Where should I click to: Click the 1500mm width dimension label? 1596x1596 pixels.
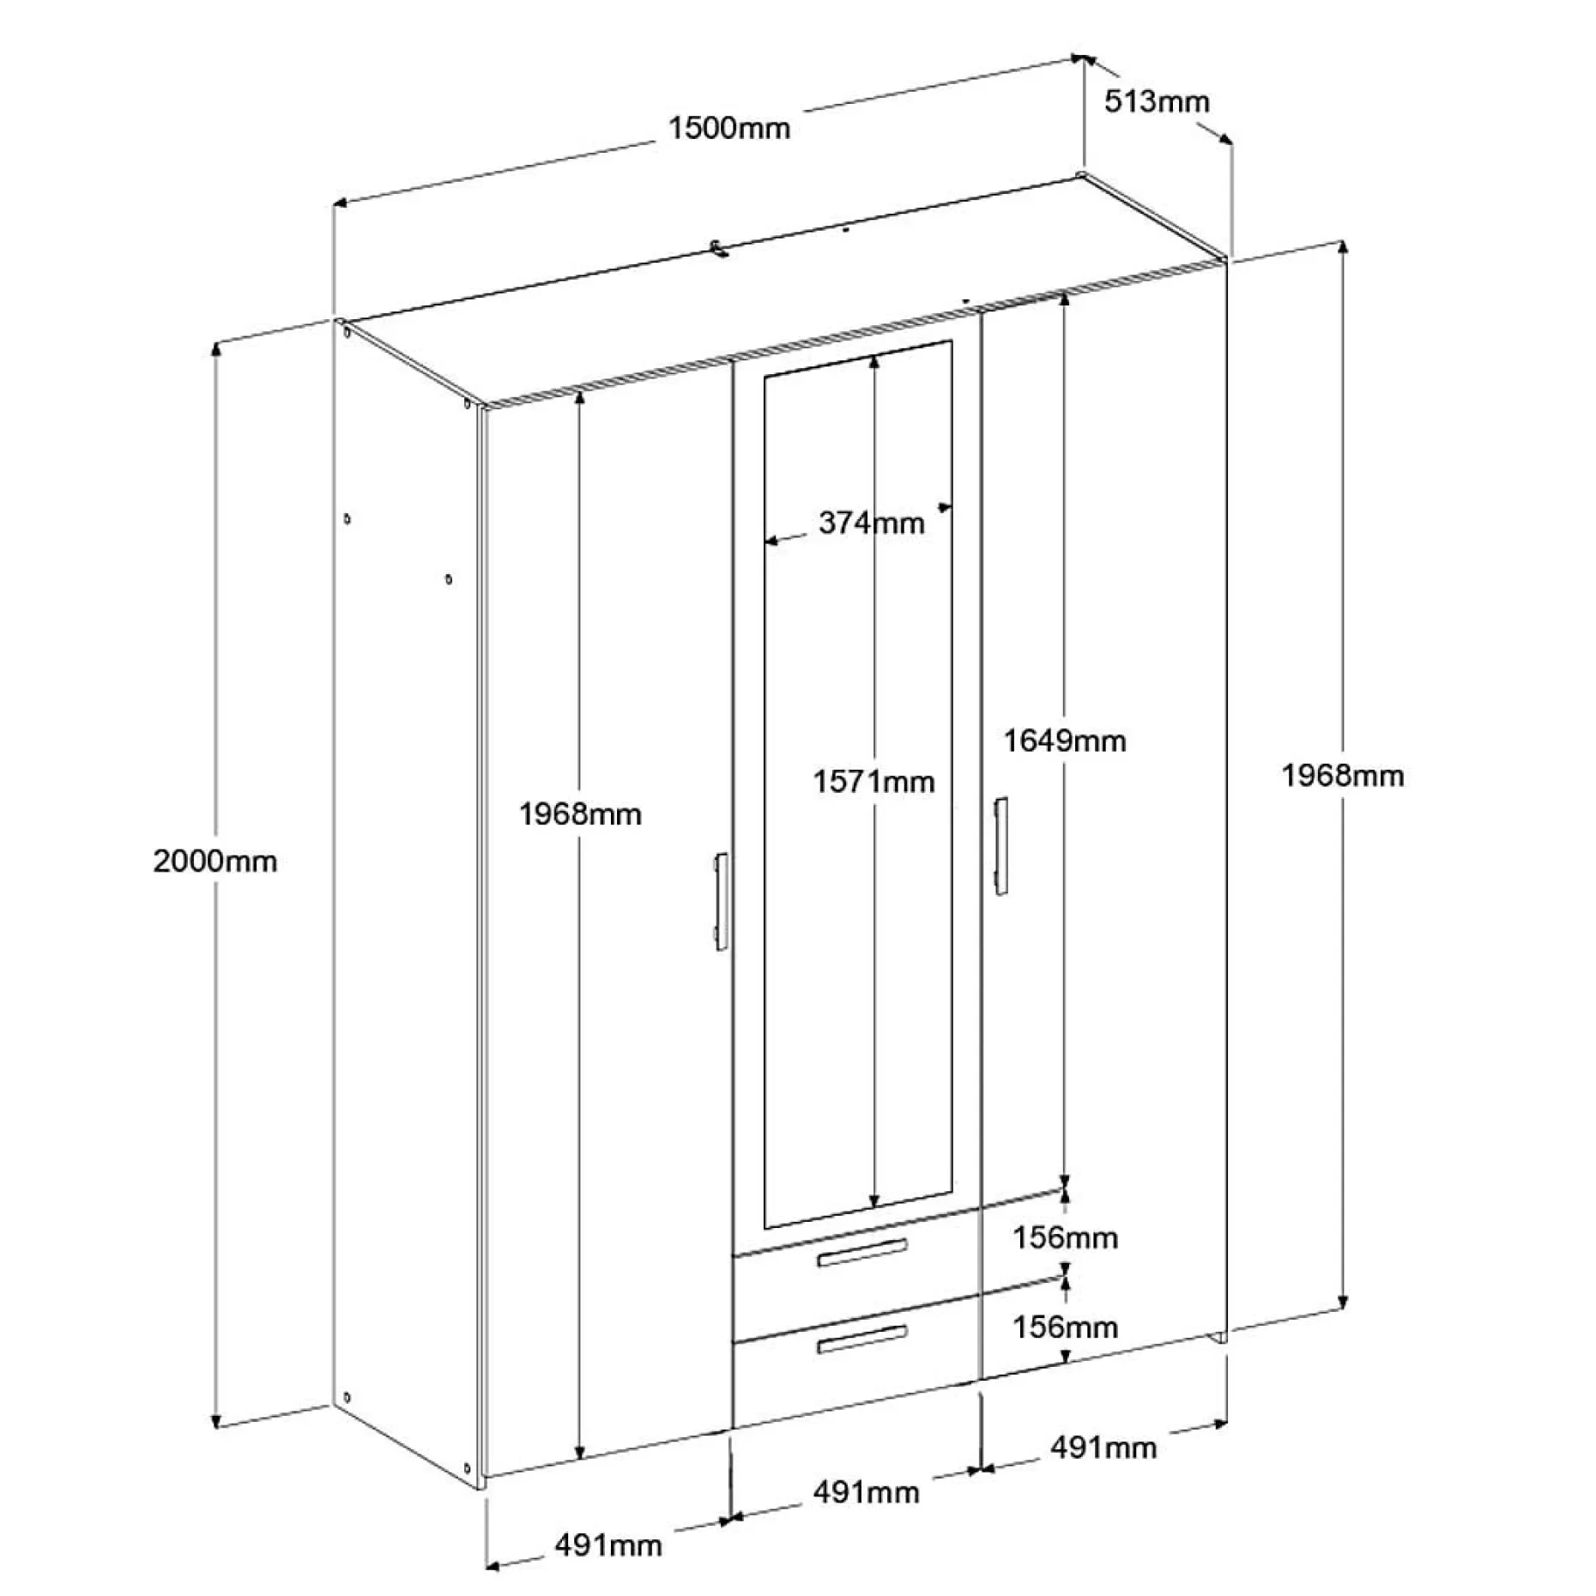coord(728,129)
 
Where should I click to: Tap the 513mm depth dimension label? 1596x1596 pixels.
coord(1156,101)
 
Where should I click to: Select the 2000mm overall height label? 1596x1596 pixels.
coord(215,861)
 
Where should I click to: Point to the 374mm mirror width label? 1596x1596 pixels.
coord(871,523)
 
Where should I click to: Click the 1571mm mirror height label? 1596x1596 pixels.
coord(874,782)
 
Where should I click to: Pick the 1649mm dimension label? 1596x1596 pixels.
coord(1065,741)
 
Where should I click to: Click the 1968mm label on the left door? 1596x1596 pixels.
coord(580,813)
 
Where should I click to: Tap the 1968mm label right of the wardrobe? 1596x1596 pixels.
coord(1343,776)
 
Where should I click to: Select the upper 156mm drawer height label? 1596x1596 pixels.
coord(1065,1237)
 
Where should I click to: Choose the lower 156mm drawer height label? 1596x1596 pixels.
coord(1065,1327)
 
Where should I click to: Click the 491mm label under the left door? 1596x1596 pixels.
coord(608,1545)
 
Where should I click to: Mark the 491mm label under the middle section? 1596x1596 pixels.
coord(867,1492)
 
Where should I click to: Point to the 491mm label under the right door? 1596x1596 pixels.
coord(1103,1448)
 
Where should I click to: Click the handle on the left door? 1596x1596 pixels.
coord(721,901)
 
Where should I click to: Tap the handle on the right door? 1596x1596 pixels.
coord(1001,846)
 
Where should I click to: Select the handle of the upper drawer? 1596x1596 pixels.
coord(861,1253)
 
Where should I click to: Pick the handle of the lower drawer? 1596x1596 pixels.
coord(861,1339)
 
